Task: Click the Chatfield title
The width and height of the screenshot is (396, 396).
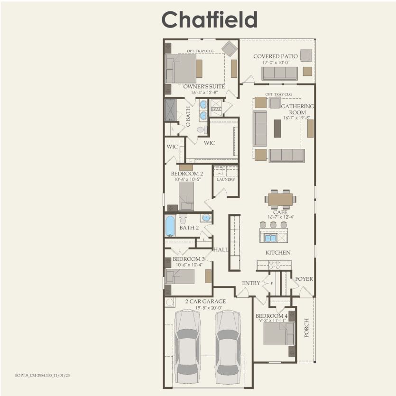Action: (209, 20)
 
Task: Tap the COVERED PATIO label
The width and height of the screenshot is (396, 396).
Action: (275, 56)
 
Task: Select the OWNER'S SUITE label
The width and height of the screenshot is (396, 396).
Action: (204, 87)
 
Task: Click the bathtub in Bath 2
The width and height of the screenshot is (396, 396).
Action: (170, 226)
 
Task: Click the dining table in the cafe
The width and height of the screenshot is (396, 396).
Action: (280, 200)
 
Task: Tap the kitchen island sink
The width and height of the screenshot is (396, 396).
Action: (270, 238)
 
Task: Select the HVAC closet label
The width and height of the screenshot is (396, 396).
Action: (216, 109)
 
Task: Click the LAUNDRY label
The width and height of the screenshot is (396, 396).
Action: (226, 179)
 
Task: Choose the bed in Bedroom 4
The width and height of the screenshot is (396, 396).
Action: (276, 333)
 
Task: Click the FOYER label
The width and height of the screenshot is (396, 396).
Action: (304, 279)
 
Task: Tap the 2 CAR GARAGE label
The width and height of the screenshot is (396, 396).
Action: (205, 301)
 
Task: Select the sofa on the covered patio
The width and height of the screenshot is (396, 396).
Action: (280, 73)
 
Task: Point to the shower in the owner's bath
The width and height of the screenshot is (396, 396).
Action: (170, 110)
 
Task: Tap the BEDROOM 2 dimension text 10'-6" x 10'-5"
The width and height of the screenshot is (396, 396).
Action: (188, 180)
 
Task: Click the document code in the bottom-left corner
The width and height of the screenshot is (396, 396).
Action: (42, 375)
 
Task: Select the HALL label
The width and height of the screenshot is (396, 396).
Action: (221, 249)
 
